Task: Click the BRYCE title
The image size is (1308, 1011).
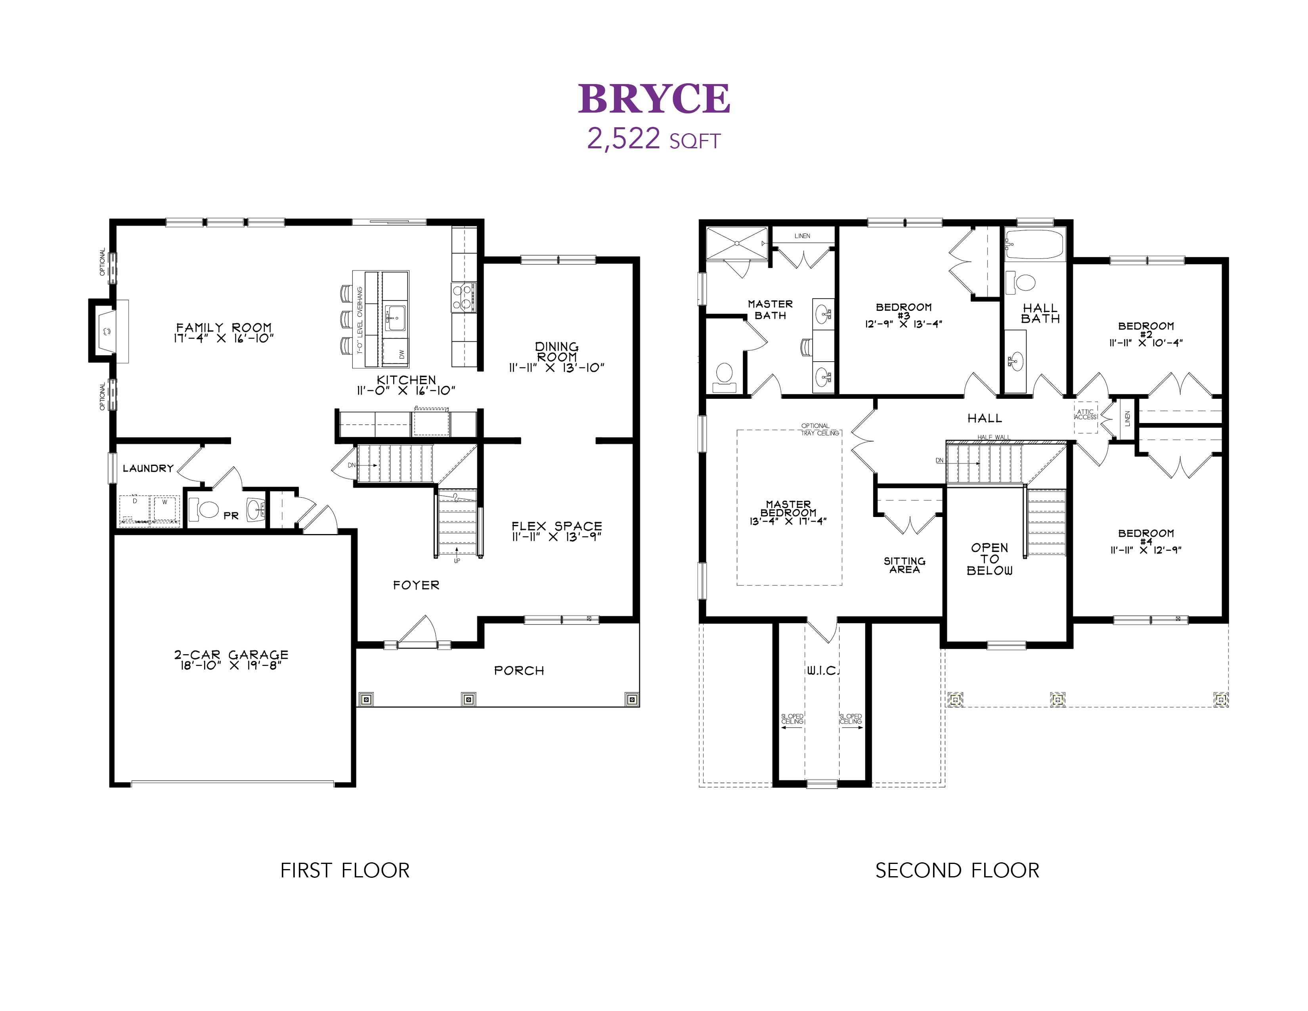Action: point(654,98)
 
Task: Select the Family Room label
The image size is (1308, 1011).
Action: point(224,327)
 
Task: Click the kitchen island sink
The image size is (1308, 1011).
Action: point(395,317)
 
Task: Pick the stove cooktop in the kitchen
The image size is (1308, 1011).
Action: point(464,297)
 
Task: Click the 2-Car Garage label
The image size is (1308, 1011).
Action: point(231,655)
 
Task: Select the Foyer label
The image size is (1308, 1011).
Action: point(416,585)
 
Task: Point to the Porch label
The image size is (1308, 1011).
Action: point(519,671)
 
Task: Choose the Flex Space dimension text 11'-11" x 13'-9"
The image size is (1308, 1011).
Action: point(556,537)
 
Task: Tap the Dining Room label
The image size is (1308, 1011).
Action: point(557,352)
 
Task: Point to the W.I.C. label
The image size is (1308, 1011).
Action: point(823,671)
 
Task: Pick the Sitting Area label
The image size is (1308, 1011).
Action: point(905,565)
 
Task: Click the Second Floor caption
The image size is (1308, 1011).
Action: point(957,870)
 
